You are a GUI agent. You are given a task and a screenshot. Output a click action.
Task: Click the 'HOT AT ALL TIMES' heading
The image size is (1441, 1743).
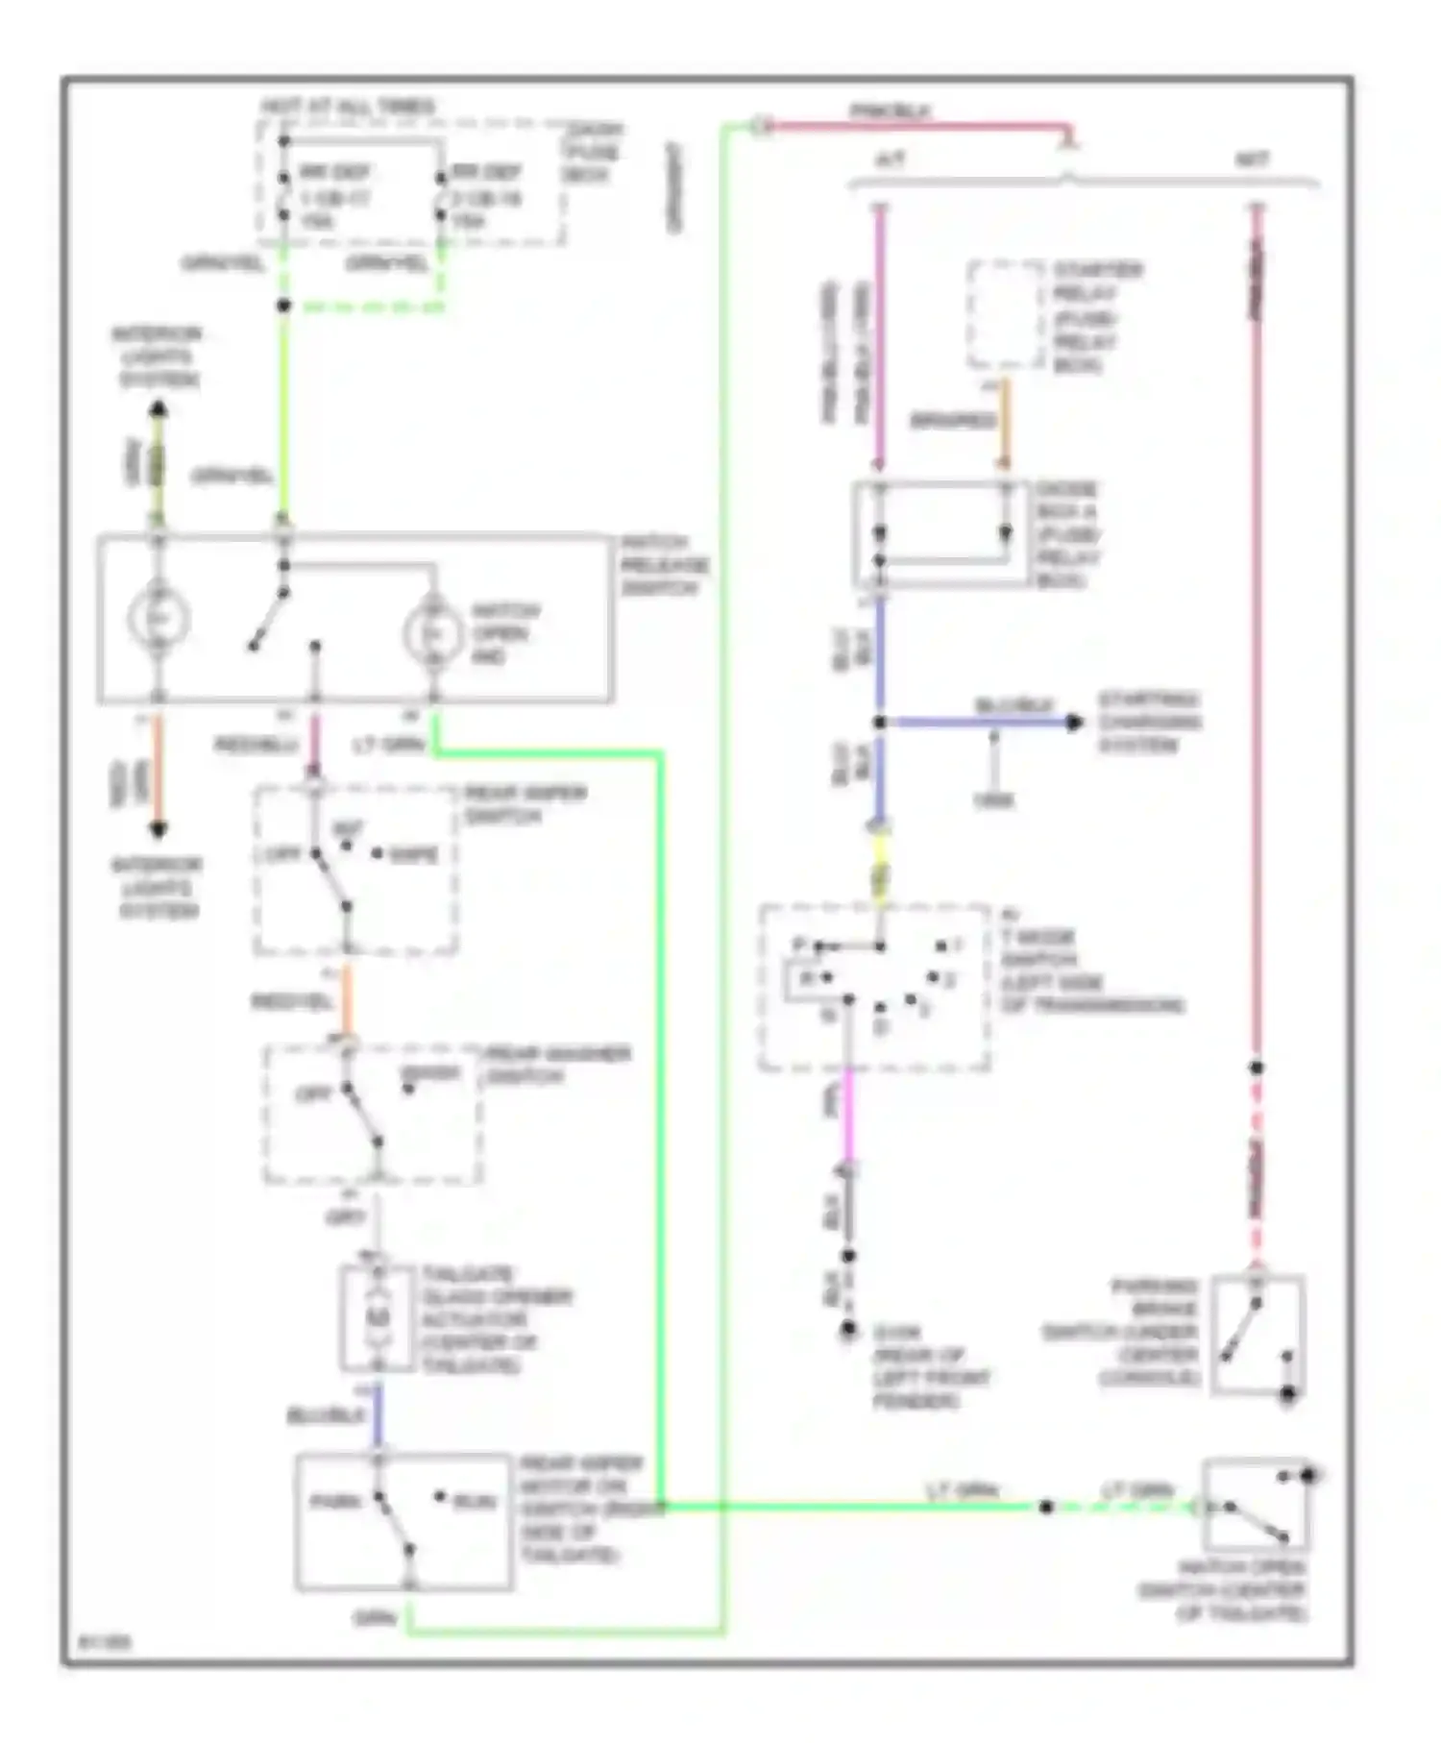click(347, 107)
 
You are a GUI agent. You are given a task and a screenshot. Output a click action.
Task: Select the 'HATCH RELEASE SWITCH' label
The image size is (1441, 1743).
click(664, 566)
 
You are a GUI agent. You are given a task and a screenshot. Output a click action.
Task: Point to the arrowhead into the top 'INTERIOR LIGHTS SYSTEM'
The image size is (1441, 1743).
click(159, 411)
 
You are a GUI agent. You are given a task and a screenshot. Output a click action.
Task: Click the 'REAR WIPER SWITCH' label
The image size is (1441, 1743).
click(525, 804)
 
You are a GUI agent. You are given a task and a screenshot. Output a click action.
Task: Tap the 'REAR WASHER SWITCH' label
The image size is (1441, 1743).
click(557, 1065)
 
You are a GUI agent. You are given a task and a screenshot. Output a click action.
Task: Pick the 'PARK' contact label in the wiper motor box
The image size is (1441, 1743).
click(334, 1502)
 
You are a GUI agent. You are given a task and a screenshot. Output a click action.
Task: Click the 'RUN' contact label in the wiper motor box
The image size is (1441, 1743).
click(475, 1502)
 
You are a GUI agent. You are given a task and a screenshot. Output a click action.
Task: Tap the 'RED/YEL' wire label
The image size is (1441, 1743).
click(292, 1002)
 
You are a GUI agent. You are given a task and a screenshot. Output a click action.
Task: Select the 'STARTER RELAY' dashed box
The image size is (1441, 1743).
click(1005, 314)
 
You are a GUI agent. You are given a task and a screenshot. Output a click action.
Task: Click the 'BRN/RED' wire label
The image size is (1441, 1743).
click(952, 421)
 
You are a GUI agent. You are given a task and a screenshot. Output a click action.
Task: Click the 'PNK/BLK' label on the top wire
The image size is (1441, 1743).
click(890, 112)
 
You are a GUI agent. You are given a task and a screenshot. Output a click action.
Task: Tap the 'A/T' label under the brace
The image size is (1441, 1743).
click(891, 160)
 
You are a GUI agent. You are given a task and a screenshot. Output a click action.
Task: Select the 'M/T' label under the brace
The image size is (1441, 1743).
click(1252, 160)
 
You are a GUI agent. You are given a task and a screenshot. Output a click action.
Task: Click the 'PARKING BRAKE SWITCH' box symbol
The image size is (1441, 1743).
click(1258, 1334)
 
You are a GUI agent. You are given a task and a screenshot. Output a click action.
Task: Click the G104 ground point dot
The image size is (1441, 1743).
click(848, 1330)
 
